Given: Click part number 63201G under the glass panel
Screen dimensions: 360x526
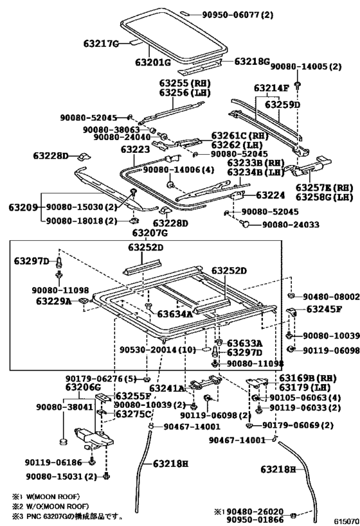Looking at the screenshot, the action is [153, 62].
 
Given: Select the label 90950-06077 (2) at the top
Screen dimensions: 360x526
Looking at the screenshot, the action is [237, 14].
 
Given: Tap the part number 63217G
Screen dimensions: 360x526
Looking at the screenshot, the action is [102, 44].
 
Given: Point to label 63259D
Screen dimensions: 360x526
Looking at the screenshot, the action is [282, 105].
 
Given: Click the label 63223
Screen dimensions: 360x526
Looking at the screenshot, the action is [136, 149].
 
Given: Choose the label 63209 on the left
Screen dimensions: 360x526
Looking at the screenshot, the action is [23, 207].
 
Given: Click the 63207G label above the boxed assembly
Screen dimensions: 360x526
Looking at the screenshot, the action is [150, 232].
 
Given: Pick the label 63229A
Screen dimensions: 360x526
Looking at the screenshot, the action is [54, 301].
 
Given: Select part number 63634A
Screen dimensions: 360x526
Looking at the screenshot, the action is [175, 314].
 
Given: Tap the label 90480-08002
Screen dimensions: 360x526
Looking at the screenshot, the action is [331, 297].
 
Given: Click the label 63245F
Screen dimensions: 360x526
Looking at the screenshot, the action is [325, 309].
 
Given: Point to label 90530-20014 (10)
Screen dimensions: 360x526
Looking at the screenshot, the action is [157, 350].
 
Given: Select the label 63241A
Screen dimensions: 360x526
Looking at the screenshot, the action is [167, 389].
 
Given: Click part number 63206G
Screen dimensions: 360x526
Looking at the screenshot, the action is [83, 387].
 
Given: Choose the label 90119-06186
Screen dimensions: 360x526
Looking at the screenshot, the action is [53, 462].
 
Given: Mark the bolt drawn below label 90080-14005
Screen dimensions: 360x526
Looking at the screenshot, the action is [298, 85].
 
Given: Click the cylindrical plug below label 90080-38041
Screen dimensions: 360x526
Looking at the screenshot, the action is [62, 441].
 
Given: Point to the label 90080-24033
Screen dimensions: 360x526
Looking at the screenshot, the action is [291, 224].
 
